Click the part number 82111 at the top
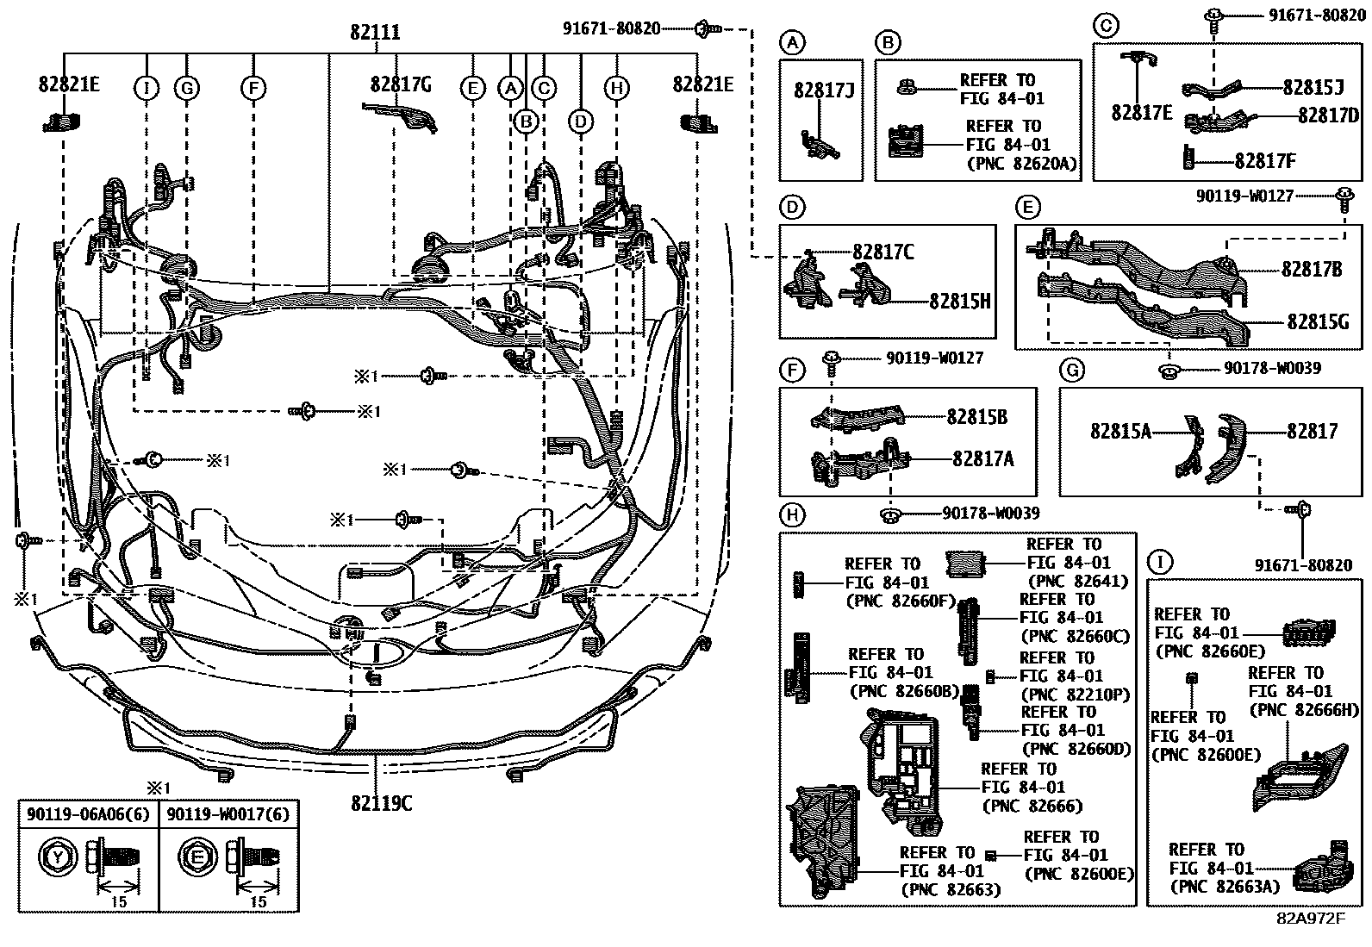point(375,32)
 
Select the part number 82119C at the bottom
point(381,802)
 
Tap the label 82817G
point(401,84)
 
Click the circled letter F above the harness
point(253,87)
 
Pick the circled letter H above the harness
point(616,87)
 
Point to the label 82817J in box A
point(823,89)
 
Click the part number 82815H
point(959,301)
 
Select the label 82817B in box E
point(1311,270)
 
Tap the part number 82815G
point(1318,321)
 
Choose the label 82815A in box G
point(1119,431)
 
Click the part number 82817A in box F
point(982,459)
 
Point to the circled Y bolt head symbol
point(57,857)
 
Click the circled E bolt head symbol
point(196,857)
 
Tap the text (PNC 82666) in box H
point(1032,806)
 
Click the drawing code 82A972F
point(1310,917)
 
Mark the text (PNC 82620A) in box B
point(1022,164)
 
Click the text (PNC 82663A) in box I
point(1224,886)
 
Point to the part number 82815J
point(1313,88)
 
